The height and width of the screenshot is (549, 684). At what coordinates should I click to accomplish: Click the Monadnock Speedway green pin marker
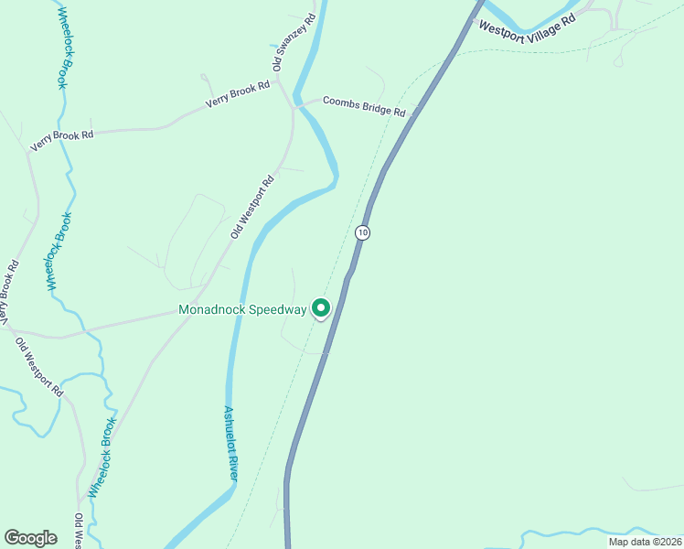click(x=321, y=309)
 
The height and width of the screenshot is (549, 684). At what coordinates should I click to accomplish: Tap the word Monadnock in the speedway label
click(x=216, y=310)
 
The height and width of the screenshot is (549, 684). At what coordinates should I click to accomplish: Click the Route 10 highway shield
click(x=363, y=232)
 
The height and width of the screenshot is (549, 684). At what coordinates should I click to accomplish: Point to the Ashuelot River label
click(x=232, y=444)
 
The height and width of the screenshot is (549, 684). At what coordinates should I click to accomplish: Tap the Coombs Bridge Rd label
click(x=364, y=106)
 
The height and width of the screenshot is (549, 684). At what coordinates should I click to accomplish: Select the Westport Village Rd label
click(x=528, y=25)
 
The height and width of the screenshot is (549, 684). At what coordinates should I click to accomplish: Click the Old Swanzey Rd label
click(x=294, y=42)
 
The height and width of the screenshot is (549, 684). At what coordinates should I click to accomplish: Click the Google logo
click(x=30, y=538)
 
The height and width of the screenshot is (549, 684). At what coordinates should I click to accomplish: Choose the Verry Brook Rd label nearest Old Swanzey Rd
click(x=238, y=94)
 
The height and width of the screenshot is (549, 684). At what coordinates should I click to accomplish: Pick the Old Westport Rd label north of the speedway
click(x=252, y=209)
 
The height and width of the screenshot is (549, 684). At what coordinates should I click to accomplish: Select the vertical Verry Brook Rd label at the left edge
click(x=9, y=294)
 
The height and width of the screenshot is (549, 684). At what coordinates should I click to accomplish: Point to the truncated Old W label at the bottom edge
click(x=80, y=532)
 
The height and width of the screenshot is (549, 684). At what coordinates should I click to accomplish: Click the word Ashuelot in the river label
click(x=229, y=428)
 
